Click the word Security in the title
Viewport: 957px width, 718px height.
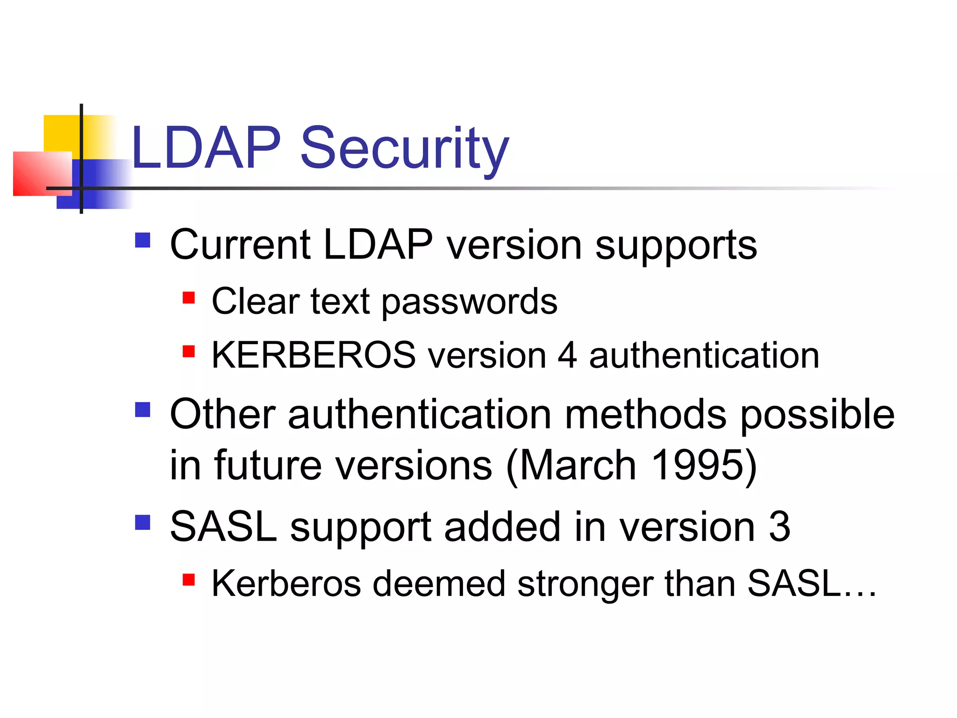coord(404,149)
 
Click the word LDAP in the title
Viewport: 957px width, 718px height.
coord(206,149)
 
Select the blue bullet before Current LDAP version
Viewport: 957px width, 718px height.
coord(143,240)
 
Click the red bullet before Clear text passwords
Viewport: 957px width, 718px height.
coord(188,298)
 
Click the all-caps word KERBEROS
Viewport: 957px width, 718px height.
coord(313,355)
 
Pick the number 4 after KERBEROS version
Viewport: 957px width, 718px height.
coord(567,355)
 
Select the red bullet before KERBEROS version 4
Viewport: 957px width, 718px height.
coord(188,351)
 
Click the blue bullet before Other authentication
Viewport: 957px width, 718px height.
coord(143,409)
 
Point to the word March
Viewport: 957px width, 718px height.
coord(577,465)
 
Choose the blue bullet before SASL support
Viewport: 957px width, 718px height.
coord(143,522)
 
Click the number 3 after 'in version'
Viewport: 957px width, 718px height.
coord(779,527)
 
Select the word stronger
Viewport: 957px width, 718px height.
coord(585,584)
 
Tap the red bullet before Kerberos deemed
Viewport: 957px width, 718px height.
coord(188,580)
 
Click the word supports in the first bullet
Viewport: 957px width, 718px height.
coord(676,247)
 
